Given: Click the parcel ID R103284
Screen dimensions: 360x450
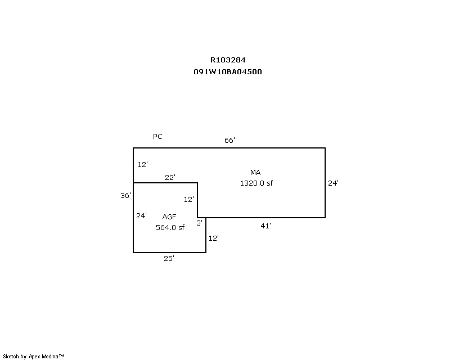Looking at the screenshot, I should point(228,60).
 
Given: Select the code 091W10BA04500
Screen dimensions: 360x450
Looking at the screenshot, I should point(228,72).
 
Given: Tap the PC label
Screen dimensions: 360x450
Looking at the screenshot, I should point(157,137).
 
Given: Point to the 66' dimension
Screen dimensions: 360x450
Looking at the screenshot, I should point(229,141).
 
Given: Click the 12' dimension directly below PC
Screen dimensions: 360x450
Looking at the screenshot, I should point(142,165).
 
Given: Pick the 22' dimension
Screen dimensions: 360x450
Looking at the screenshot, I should point(170,178).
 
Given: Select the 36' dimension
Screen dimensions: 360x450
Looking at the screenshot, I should point(125,196).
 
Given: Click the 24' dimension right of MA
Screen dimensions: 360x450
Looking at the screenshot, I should point(333,183).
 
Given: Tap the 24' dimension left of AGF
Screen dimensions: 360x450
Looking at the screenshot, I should point(141,215).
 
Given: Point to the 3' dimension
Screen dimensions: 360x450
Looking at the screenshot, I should point(199,223).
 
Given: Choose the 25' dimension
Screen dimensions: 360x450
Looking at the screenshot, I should point(169,259).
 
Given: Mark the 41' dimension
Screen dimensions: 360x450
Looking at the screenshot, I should point(266,226).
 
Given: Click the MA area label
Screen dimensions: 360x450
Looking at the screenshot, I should point(256,172).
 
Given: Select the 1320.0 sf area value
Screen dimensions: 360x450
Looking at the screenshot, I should point(256,183).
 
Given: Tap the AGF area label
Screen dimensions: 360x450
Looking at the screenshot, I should point(169,217).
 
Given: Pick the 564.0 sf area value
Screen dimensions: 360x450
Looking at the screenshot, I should point(170,228).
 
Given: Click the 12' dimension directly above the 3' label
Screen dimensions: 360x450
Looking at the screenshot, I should point(189,200).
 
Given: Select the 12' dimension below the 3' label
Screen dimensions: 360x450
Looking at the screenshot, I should point(213,238).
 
